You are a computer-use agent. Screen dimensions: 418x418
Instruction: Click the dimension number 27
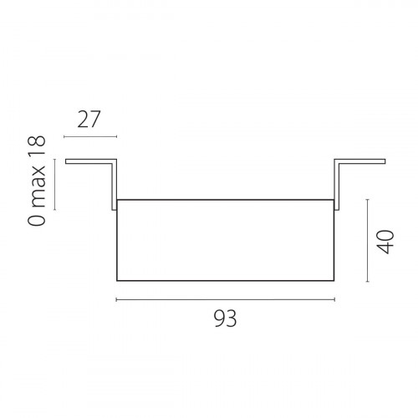click(x=89, y=120)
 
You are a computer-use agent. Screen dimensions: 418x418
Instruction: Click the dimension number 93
click(x=225, y=319)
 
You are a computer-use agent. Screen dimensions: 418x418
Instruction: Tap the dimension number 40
click(x=385, y=242)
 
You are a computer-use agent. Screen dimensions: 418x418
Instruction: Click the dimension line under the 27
click(x=90, y=136)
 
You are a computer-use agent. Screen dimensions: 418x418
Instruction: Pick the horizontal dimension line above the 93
click(x=226, y=299)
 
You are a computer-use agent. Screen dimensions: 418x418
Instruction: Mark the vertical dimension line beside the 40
click(x=368, y=241)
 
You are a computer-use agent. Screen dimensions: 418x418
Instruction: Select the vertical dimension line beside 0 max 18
click(x=55, y=184)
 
